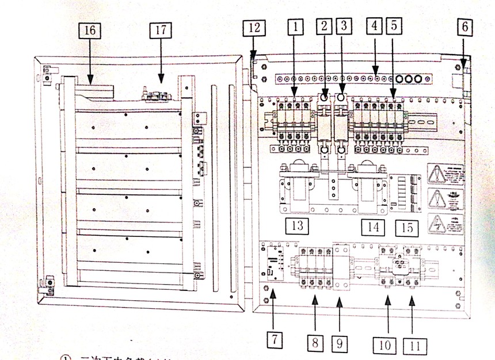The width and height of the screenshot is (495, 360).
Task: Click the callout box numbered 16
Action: (x=90, y=31)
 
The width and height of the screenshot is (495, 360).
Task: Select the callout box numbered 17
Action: (x=161, y=30)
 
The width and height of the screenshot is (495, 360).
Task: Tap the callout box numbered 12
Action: (x=254, y=28)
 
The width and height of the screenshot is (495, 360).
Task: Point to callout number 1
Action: (x=295, y=27)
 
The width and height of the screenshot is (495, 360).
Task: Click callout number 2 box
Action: (x=325, y=26)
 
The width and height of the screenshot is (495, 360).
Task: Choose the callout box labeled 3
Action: (x=344, y=26)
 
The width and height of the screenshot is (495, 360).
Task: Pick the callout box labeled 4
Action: (x=375, y=26)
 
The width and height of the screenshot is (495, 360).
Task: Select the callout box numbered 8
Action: (x=315, y=344)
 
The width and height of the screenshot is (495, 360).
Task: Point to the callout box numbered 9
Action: (x=340, y=344)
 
